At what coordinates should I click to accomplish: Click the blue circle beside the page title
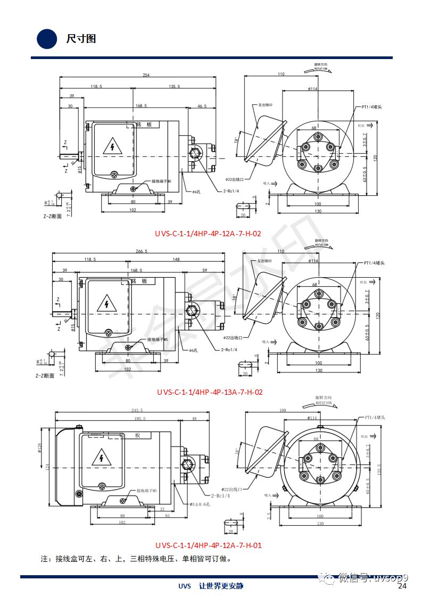click(47, 38)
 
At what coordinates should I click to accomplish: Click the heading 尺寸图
click(81, 39)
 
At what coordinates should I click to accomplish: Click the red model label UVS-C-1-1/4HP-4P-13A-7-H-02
click(210, 392)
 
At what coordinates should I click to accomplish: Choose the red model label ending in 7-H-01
click(209, 545)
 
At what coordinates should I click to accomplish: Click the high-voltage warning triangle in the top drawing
click(112, 146)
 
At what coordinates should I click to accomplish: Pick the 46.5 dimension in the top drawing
click(202, 106)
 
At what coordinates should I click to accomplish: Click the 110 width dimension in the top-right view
click(281, 74)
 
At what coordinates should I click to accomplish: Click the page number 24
click(402, 586)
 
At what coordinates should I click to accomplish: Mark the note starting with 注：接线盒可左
click(136, 559)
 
